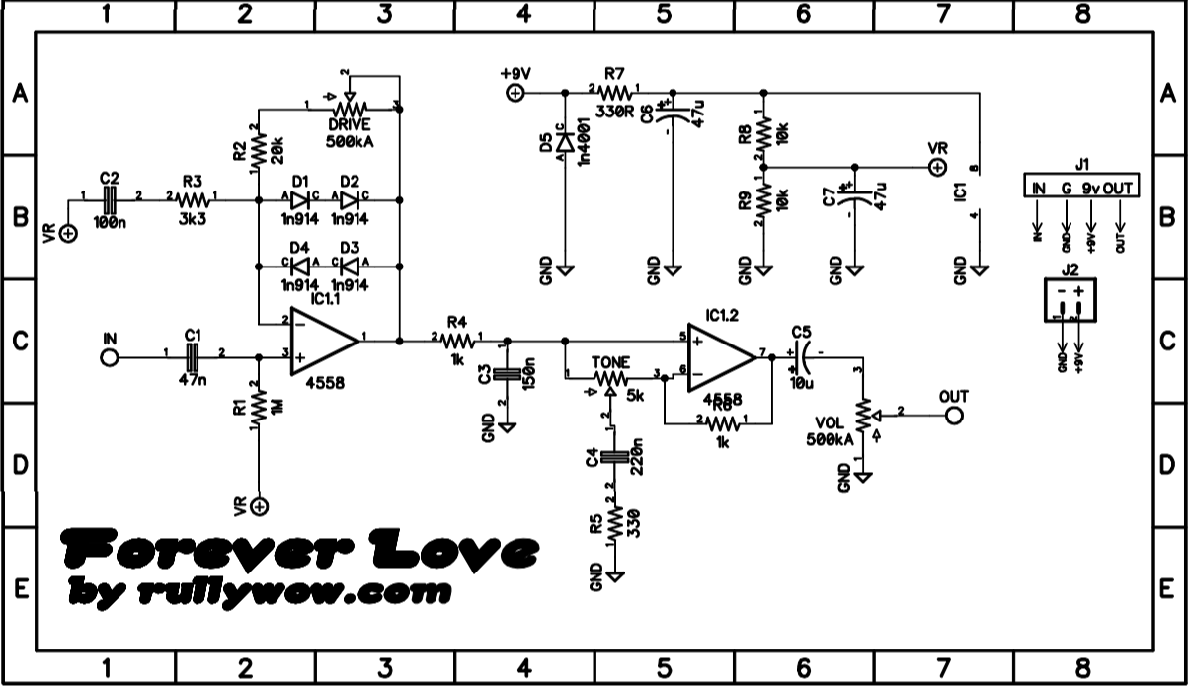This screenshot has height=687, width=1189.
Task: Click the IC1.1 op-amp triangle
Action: click(323, 341)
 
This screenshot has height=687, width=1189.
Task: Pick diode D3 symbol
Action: click(349, 266)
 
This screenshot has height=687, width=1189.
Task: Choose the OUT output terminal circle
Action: click(954, 416)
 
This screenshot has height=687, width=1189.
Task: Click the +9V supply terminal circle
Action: click(515, 94)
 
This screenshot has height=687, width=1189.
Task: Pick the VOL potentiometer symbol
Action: click(864, 416)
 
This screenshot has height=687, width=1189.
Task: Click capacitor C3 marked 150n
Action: click(507, 374)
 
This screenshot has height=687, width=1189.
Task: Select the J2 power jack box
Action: click(1070, 299)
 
